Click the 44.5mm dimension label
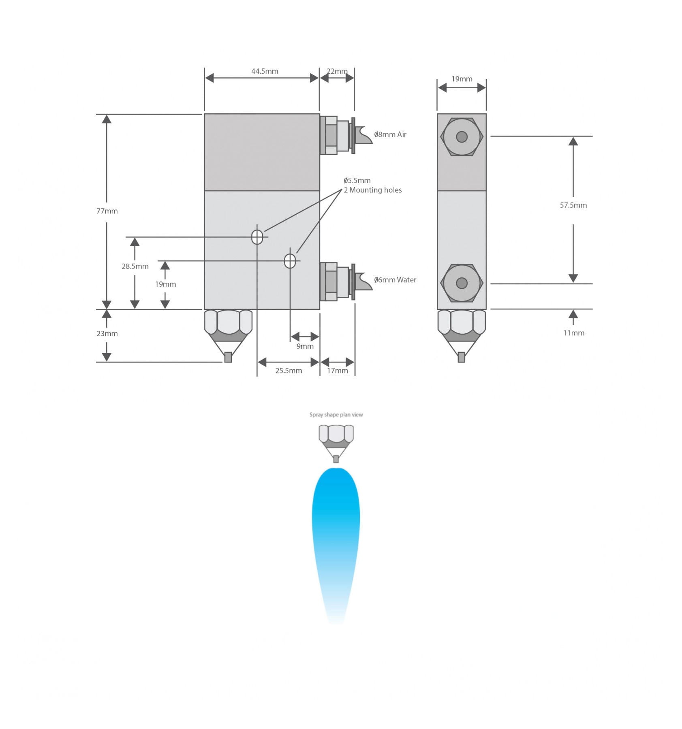pos(265,71)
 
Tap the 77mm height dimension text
pos(107,211)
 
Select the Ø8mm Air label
pos(390,134)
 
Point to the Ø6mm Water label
pos(395,280)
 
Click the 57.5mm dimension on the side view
pos(573,205)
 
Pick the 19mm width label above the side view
pos(462,79)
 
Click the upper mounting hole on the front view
pos(257,237)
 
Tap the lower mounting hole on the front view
pos(290,261)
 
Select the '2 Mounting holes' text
pos(373,190)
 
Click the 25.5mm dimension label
pos(289,371)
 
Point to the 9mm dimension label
pos(305,346)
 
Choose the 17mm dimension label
pos(338,371)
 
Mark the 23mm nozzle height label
pos(107,334)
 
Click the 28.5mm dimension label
pos(135,266)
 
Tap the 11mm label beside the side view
pos(574,333)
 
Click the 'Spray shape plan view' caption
pos(336,415)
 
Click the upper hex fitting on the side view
pos(462,137)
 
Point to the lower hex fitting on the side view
pos(462,283)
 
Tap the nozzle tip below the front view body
pos(228,357)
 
